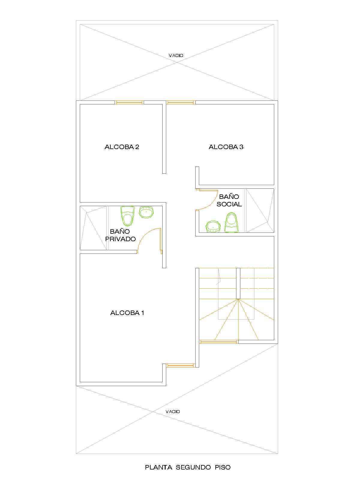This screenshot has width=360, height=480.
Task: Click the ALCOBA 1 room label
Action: [127, 313]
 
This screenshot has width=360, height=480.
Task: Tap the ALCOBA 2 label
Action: [122, 147]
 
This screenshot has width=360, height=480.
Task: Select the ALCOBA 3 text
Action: [226, 147]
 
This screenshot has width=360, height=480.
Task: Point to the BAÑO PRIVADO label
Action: [120, 235]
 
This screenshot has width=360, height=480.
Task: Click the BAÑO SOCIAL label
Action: [229, 200]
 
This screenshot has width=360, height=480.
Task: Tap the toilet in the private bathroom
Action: [127, 216]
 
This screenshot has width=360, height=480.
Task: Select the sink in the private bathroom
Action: [146, 212]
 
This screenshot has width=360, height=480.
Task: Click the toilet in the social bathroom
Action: [232, 223]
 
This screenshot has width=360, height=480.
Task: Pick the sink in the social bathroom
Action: [213, 226]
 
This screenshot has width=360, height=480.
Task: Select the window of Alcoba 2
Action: [129, 102]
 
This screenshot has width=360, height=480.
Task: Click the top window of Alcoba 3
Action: [181, 102]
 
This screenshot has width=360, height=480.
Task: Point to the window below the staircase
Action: [218, 342]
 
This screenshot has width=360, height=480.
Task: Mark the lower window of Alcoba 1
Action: [181, 365]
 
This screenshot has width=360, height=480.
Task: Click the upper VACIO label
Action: [176, 55]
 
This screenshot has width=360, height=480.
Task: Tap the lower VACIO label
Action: [173, 412]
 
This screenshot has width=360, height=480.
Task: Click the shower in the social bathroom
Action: [260, 210]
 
